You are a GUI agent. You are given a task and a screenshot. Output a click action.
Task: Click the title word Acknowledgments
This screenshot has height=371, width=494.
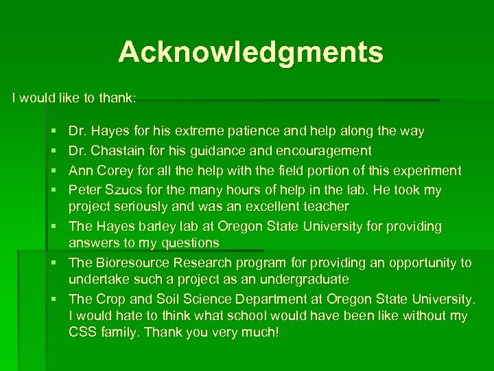click(250, 52)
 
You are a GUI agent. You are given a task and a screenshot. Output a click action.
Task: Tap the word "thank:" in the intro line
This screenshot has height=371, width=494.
click(118, 98)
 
